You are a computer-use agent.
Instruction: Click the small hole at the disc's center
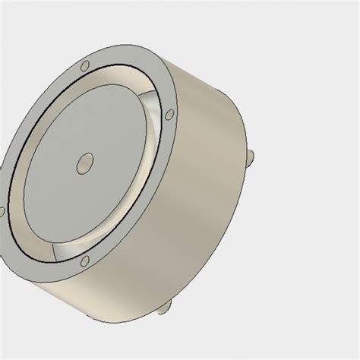pos(86,161)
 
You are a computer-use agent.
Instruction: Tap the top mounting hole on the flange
pos(85,65)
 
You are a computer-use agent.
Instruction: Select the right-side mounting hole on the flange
pos(170,115)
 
